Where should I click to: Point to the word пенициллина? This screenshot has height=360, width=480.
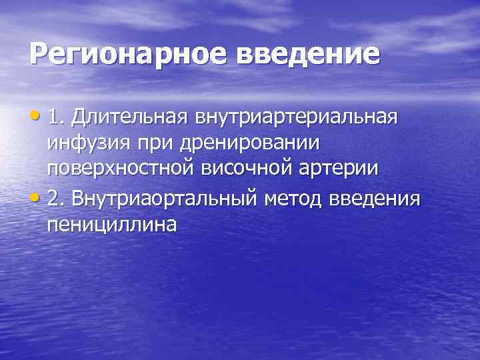pyautogui.click(x=112, y=225)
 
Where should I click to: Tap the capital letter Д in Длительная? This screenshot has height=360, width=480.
pyautogui.click(x=81, y=118)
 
